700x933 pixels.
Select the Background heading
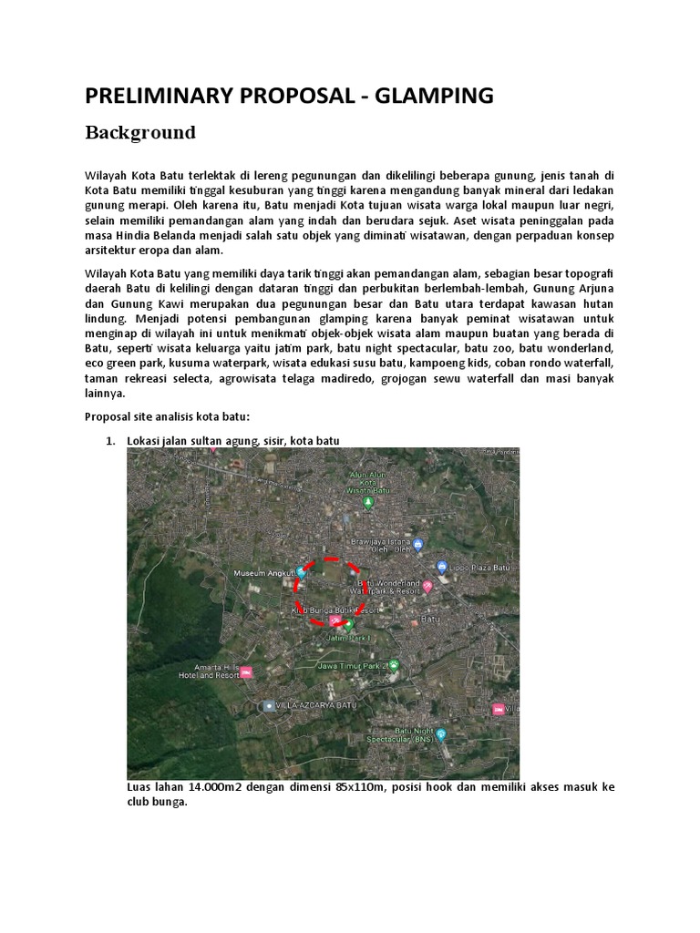(140, 133)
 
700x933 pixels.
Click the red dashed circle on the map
(330, 592)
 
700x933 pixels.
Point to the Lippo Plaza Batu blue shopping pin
(441, 567)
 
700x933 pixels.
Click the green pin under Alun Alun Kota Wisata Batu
(368, 502)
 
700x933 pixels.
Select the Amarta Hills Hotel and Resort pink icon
(246, 672)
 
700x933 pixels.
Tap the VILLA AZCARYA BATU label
(317, 706)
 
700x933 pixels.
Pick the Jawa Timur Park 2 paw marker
(394, 664)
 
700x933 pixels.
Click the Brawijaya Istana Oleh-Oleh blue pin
(417, 546)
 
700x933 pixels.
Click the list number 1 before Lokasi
(110, 441)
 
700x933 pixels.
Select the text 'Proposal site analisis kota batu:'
(167, 416)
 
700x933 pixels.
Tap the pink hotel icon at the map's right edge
(499, 709)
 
